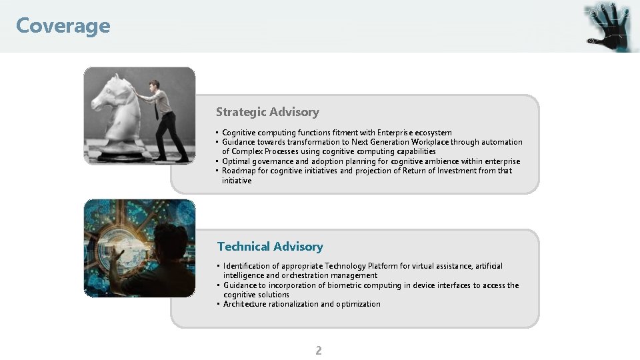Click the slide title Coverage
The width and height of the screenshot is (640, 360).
coord(63,26)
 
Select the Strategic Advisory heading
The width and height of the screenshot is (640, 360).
coord(267,112)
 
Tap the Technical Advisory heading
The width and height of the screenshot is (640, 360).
coord(270,247)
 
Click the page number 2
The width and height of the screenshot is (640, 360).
coord(318,351)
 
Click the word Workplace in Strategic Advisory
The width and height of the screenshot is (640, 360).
coord(429,142)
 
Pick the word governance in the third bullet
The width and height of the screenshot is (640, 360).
coord(273,161)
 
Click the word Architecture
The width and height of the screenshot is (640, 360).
coord(245,304)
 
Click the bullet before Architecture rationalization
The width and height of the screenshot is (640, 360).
coord(219,304)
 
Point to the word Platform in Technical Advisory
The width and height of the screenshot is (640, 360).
coord(385,266)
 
